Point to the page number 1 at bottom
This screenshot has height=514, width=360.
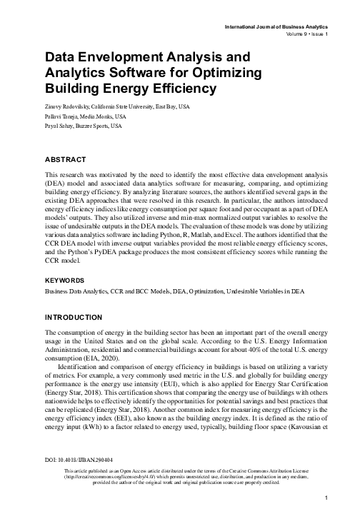click(x=324, y=498)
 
